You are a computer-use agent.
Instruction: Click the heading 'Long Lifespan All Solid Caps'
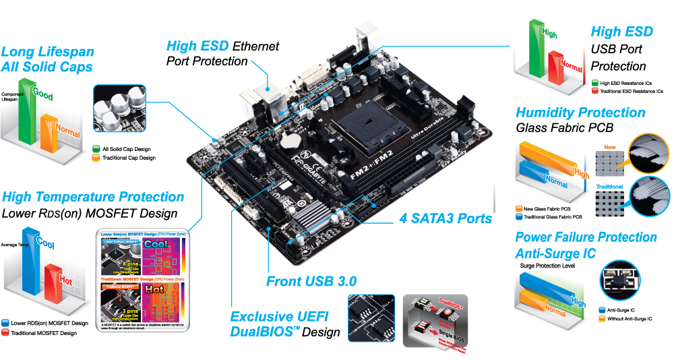pyautogui.click(x=47, y=59)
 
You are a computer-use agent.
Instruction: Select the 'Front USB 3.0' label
pyautogui.click(x=311, y=281)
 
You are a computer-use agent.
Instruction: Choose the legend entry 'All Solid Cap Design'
pyautogui.click(x=128, y=149)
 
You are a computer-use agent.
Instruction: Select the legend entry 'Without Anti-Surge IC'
pyautogui.click(x=627, y=318)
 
